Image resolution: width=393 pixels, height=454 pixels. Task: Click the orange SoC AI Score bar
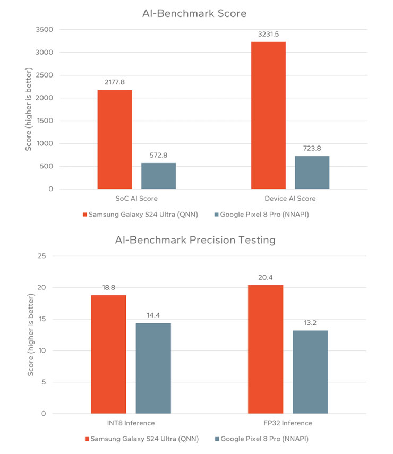pos(115,139)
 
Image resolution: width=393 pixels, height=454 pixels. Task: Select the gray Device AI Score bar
pos(312,172)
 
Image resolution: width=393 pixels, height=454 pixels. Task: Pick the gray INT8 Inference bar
pos(153,368)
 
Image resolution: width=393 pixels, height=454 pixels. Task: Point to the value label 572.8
pos(159,156)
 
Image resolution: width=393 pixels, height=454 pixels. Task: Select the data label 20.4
pos(266,278)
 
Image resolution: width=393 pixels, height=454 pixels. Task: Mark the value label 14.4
pos(153,315)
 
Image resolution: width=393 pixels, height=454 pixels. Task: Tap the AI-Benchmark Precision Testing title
pos(195,240)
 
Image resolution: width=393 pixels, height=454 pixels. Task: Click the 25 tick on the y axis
pos(42,256)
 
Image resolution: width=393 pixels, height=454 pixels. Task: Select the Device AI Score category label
pos(290,199)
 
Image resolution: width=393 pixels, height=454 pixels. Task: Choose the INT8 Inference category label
pos(131,423)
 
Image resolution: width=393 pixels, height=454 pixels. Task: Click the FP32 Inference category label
pos(288,423)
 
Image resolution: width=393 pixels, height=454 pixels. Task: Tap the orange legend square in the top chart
pos(86,214)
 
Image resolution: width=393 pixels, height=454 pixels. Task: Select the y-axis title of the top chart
pos(29,109)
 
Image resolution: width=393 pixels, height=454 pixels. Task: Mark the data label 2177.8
pos(115,82)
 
